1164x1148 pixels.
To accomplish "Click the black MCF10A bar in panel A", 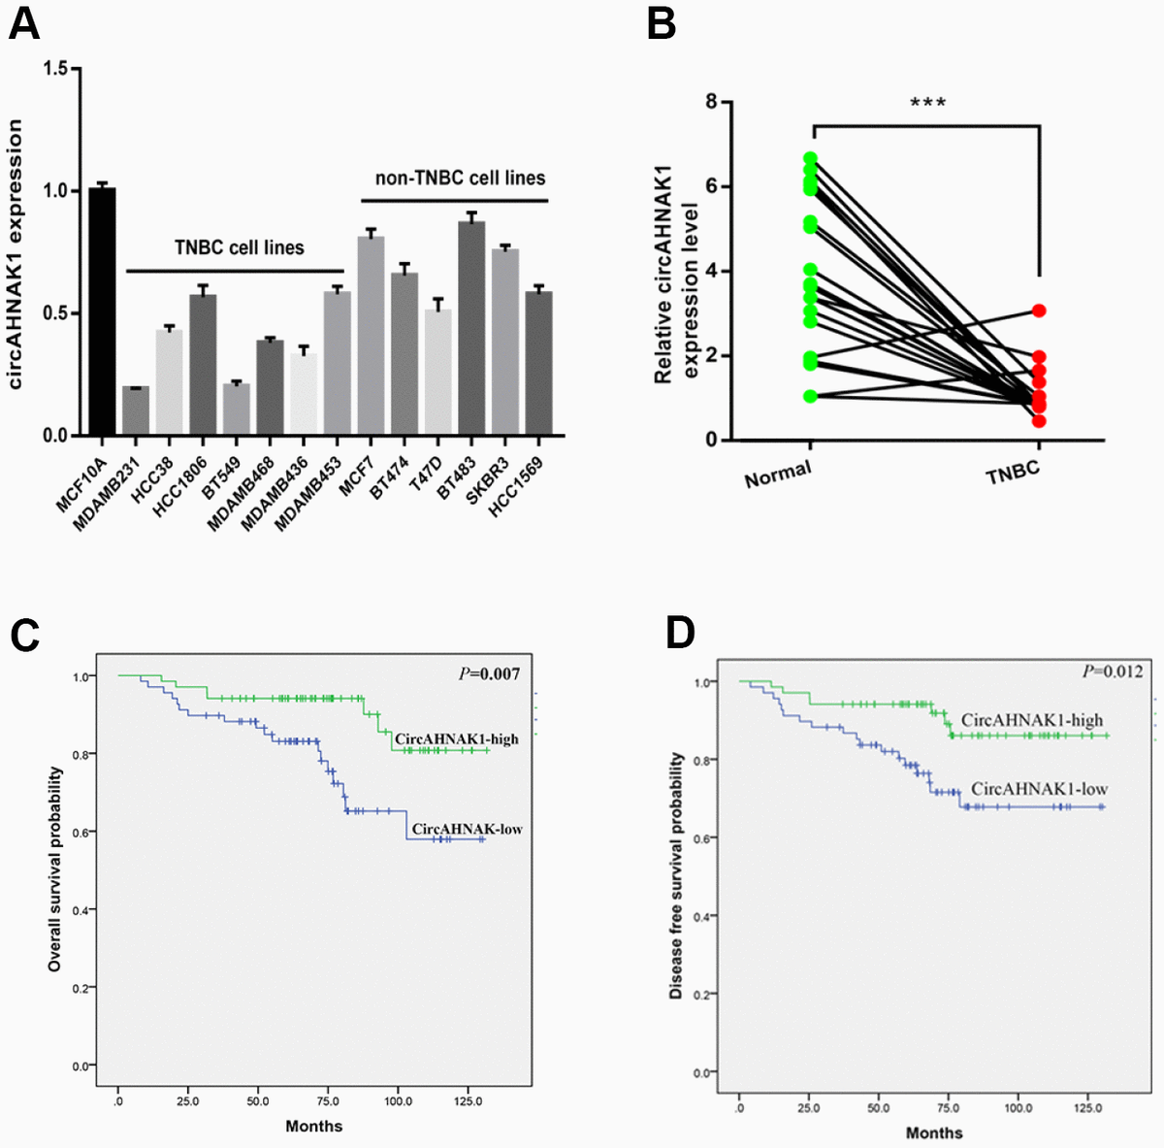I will coord(102,311).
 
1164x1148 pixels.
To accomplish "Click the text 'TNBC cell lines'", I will coord(239,247).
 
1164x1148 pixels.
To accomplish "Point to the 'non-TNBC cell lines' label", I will coord(460,179).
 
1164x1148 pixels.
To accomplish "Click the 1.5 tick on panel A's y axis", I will coord(55,69).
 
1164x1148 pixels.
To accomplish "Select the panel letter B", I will coord(661,22).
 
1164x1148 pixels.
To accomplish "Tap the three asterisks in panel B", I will coord(927,103).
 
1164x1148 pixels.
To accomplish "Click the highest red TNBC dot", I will coord(1039,311).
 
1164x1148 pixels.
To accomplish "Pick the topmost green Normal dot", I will coord(811,158).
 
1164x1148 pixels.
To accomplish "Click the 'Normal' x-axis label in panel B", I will coord(778,474).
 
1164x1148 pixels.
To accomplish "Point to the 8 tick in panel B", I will coord(712,102).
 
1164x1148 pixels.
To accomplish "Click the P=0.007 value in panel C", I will coord(490,673).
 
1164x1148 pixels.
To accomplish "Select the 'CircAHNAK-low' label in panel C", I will coord(467,829).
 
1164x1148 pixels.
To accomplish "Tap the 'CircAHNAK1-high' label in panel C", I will coord(456,739).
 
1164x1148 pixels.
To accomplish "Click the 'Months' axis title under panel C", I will coord(313,1126).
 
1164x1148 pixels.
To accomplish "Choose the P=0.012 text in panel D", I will coord(1113,672).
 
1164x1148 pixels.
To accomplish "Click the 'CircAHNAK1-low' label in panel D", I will coord(1039,790).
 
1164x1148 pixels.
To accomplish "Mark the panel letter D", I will coord(680,633).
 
